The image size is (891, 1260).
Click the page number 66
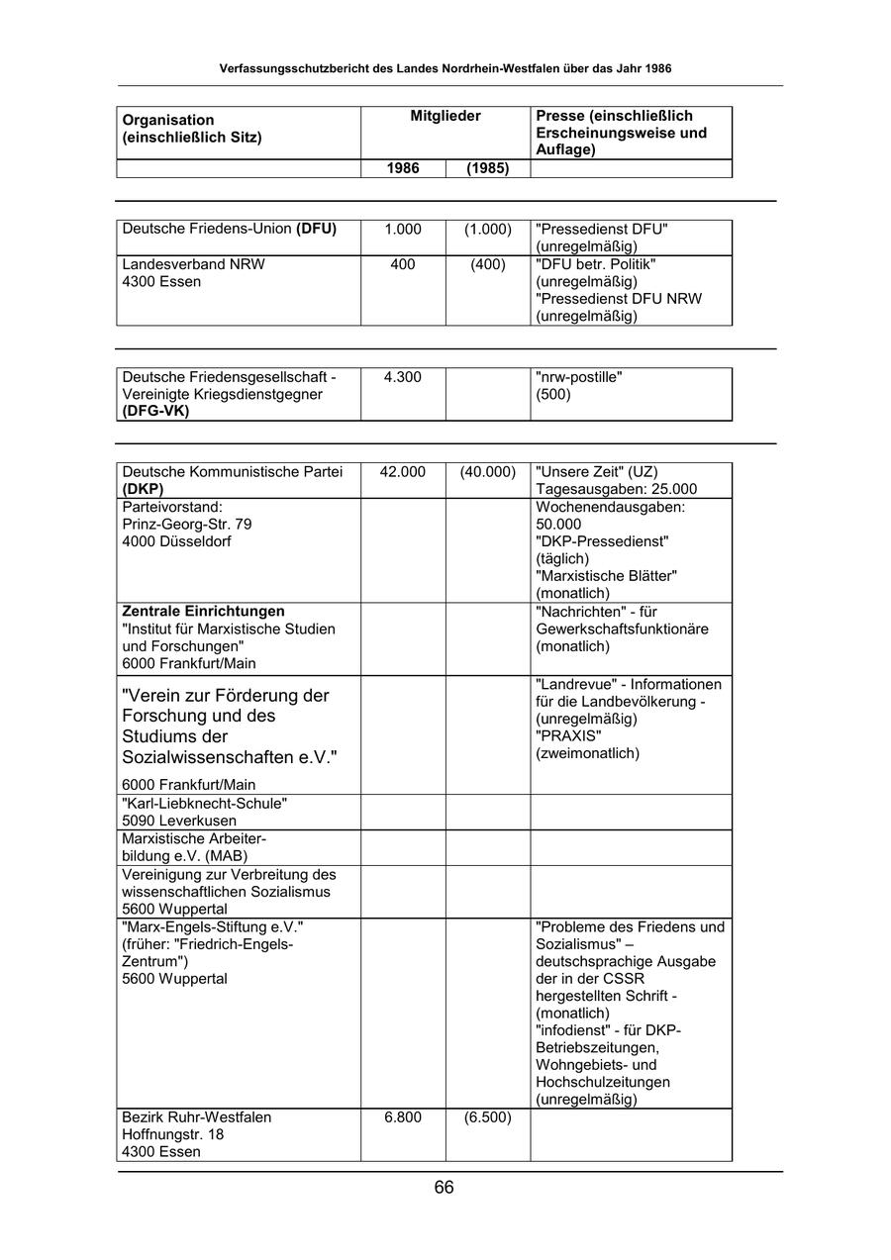(444, 1188)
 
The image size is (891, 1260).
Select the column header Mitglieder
(445, 117)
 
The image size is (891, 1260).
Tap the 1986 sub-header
(403, 169)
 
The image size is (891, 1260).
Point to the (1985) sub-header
(487, 169)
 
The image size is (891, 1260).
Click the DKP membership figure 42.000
(403, 472)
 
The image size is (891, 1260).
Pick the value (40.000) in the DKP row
(487, 472)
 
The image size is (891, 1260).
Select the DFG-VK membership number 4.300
(403, 377)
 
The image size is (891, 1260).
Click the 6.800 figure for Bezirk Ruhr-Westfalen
(403, 1117)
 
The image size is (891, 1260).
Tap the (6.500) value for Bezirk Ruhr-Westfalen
(487, 1117)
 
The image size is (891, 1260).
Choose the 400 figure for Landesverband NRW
(403, 264)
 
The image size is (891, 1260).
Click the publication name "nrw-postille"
(579, 377)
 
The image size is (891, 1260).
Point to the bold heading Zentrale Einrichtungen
(203, 612)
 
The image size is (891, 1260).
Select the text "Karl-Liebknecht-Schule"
(205, 804)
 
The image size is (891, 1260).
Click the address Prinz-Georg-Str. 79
(187, 525)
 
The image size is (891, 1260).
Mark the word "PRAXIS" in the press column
(568, 736)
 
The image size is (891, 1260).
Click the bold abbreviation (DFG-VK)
(155, 412)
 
